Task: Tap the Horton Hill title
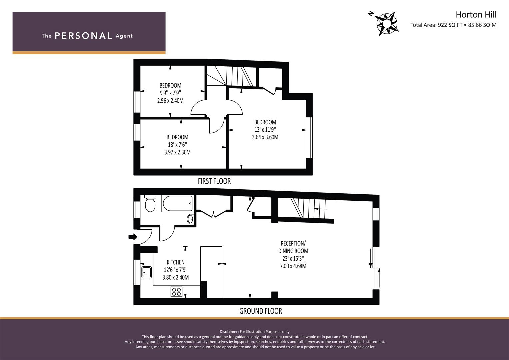pyautogui.click(x=476, y=15)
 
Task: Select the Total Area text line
pyautogui.click(x=453, y=25)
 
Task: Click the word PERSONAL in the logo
pyautogui.click(x=83, y=36)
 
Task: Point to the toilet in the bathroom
pyautogui.click(x=150, y=204)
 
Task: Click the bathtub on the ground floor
pyautogui.click(x=177, y=203)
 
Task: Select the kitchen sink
pyautogui.click(x=146, y=272)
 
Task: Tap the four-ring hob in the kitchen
pyautogui.click(x=176, y=292)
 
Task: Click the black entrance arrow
pyautogui.click(x=132, y=237)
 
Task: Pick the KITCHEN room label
pyautogui.click(x=175, y=262)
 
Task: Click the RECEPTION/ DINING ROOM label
pyautogui.click(x=293, y=247)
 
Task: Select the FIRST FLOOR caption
pyautogui.click(x=214, y=181)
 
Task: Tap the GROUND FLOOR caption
pyautogui.click(x=260, y=311)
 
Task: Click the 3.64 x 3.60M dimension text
pyautogui.click(x=265, y=137)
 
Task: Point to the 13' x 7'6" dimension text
pyautogui.click(x=177, y=145)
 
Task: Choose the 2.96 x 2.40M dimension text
pyautogui.click(x=170, y=100)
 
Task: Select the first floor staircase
pyautogui.click(x=232, y=76)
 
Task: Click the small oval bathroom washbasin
pyautogui.click(x=190, y=219)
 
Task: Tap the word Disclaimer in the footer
pyautogui.click(x=229, y=332)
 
